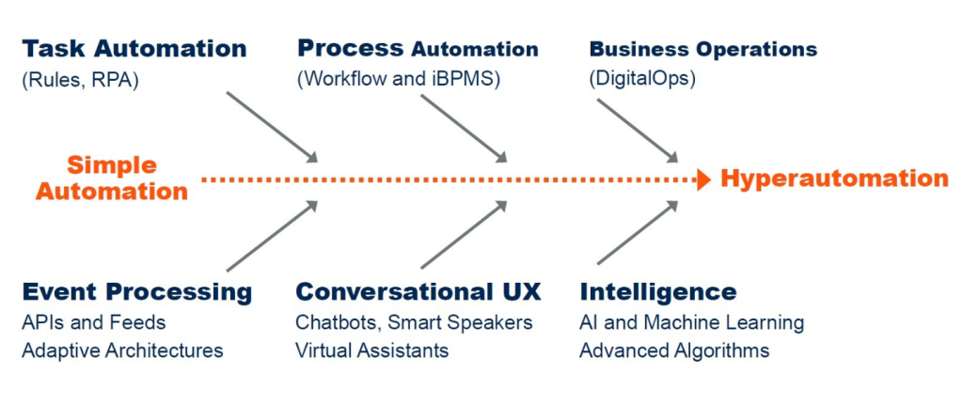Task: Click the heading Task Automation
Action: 134,49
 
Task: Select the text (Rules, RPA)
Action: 79,80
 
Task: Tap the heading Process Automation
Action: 418,49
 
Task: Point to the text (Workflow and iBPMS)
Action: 398,80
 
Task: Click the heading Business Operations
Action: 703,49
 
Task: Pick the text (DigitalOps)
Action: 642,80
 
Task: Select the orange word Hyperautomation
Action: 834,179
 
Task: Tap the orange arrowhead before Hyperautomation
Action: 703,179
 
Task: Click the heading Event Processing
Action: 136,292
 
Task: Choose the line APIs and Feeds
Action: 93,322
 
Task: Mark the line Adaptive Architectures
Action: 122,351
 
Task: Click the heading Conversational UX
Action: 418,292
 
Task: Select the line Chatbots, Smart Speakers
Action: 414,322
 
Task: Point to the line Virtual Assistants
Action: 371,351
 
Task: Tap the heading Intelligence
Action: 657,292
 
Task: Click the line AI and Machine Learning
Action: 691,322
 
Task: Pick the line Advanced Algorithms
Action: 674,351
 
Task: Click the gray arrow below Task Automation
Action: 273,128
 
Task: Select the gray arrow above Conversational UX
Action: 464,235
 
